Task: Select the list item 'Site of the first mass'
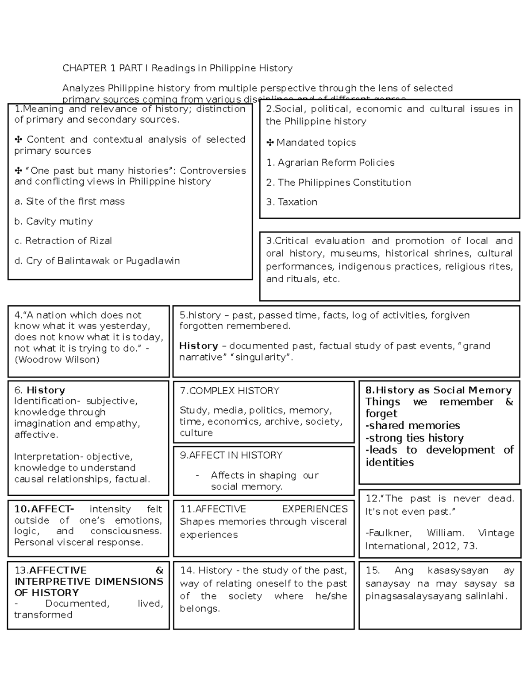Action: pyautogui.click(x=70, y=202)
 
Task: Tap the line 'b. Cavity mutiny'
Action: pyautogui.click(x=54, y=222)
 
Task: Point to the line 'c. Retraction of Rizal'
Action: pyautogui.click(x=63, y=241)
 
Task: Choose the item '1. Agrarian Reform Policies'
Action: pyautogui.click(x=330, y=163)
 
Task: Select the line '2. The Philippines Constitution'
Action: pyautogui.click(x=339, y=183)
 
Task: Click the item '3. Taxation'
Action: pyautogui.click(x=292, y=202)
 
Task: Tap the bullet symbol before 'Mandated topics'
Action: pyautogui.click(x=269, y=143)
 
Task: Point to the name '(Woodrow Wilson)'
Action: pyautogui.click(x=57, y=360)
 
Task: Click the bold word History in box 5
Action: pyautogui.click(x=198, y=346)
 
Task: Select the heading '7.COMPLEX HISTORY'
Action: pyautogui.click(x=229, y=391)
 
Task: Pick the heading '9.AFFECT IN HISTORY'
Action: pyautogui.click(x=231, y=455)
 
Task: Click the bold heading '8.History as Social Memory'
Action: pyautogui.click(x=438, y=390)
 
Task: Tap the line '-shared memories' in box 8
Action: pyautogui.click(x=412, y=426)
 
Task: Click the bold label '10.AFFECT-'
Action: pyautogui.click(x=44, y=509)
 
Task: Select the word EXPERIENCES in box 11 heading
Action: pyautogui.click(x=315, y=509)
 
